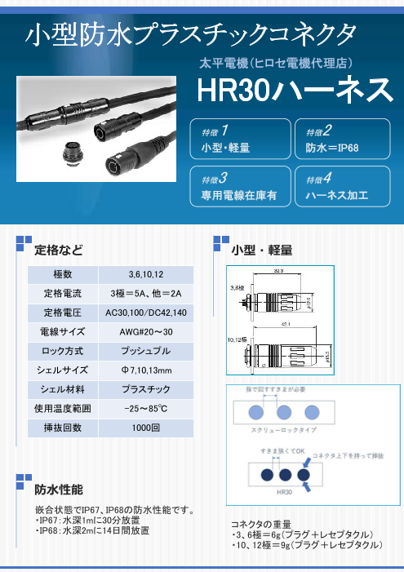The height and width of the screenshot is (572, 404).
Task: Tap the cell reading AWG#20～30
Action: coord(145,332)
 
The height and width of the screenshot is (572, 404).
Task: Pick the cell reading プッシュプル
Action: coord(145,352)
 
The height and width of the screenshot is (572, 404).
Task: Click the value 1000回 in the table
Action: coord(145,428)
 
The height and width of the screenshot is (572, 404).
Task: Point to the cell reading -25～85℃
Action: coord(145,408)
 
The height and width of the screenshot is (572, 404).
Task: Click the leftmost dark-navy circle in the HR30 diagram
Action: coord(264,475)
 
